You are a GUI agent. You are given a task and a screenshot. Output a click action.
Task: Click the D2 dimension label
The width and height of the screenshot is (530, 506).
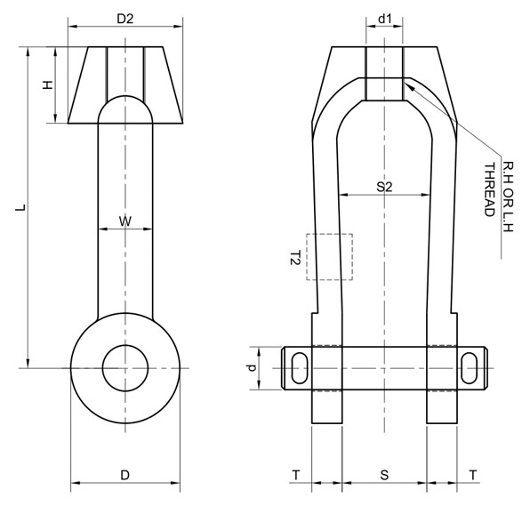125,19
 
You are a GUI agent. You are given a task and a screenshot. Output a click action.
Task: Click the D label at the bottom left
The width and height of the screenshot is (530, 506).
125,475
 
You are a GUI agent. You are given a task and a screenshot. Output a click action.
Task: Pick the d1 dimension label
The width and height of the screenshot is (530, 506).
384,19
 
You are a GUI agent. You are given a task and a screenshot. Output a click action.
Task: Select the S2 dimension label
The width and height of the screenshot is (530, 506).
384,187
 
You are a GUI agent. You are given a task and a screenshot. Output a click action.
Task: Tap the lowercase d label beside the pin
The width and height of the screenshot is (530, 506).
252,366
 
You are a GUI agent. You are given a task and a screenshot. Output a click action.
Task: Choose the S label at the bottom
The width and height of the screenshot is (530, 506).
384,476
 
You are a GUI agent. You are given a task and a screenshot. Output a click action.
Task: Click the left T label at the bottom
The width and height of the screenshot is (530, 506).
296,476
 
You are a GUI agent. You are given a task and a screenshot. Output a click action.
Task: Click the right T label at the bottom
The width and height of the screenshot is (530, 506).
471,476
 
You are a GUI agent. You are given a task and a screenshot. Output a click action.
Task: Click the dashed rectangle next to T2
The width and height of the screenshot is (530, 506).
329,257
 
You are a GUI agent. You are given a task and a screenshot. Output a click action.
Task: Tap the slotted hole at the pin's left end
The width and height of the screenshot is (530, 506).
298,366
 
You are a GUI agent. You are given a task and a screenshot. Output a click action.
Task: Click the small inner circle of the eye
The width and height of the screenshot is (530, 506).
125,366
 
